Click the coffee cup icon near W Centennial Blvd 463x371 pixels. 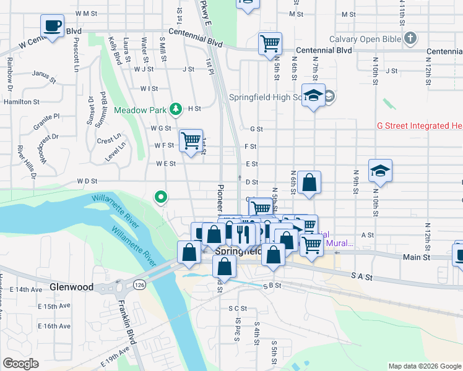(52, 27)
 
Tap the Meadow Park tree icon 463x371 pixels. (176, 109)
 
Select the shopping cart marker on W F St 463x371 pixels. (191, 141)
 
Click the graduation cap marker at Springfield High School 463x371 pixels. (314, 96)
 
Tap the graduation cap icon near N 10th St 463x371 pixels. (380, 171)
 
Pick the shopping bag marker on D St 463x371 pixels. (309, 182)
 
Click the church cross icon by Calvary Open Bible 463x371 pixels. (409, 39)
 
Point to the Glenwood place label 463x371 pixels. (72, 288)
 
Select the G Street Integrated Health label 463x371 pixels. (420, 126)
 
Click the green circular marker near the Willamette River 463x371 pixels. (161, 198)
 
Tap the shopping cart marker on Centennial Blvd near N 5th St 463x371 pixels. (270, 44)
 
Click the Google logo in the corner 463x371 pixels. (21, 363)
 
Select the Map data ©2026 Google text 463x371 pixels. (424, 366)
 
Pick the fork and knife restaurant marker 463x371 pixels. (243, 234)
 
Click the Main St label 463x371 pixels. (417, 257)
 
